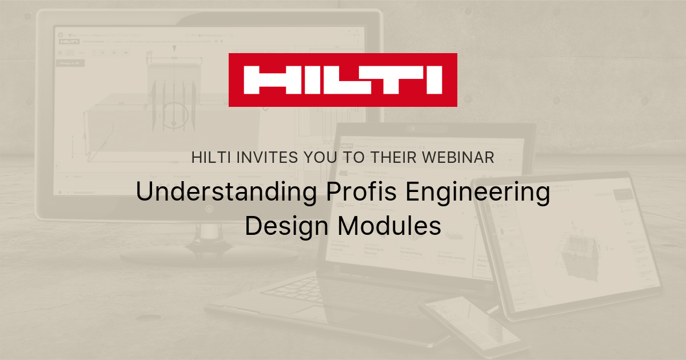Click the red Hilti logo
pyautogui.click(x=342, y=80)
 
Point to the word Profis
pyautogui.click(x=359, y=193)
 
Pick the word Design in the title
pyautogui.click(x=285, y=226)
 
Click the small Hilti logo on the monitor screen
pyautogui.click(x=70, y=41)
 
